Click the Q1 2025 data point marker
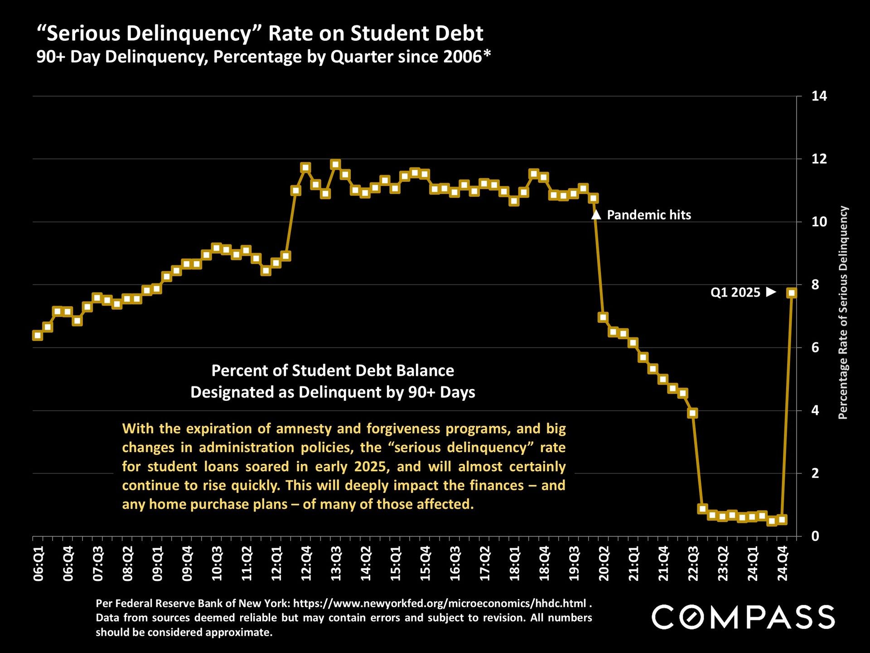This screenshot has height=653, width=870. [792, 293]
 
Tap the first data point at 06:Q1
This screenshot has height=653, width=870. [38, 336]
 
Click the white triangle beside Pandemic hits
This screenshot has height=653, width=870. [596, 215]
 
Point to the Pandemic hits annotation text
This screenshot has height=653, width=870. [649, 215]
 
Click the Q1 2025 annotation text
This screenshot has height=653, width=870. [735, 292]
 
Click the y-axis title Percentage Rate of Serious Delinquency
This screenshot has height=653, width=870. [843, 313]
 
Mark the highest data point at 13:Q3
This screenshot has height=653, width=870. [335, 164]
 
